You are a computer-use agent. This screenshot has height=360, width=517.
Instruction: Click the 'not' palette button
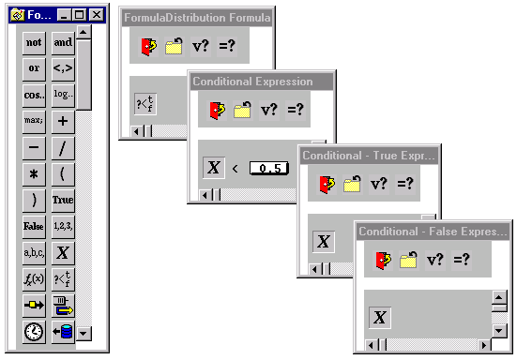(34, 42)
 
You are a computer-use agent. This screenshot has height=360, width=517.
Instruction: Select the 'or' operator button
(34, 67)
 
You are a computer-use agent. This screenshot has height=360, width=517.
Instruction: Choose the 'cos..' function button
(34, 95)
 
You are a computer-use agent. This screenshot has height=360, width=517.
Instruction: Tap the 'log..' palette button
(63, 95)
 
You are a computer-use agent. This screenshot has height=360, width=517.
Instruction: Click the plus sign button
(63, 121)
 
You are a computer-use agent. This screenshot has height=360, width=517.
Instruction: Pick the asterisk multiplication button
(34, 173)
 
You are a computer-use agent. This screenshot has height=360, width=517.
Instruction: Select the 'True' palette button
(63, 200)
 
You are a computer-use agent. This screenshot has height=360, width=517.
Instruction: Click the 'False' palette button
(34, 226)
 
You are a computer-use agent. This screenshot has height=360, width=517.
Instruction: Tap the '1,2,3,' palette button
(63, 226)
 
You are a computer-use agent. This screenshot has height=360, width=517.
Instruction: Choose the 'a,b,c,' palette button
(34, 252)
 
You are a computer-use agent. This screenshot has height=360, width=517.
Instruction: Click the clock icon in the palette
(34, 331)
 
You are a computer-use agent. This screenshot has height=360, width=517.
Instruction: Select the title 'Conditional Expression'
(252, 82)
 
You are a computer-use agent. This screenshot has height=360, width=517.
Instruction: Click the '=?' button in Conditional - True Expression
(405, 184)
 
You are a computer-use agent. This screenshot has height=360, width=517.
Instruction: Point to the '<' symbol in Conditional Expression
(236, 168)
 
